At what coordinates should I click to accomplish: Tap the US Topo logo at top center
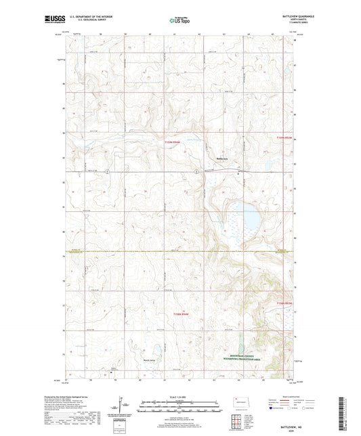179,21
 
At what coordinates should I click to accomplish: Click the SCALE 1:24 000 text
181,396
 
